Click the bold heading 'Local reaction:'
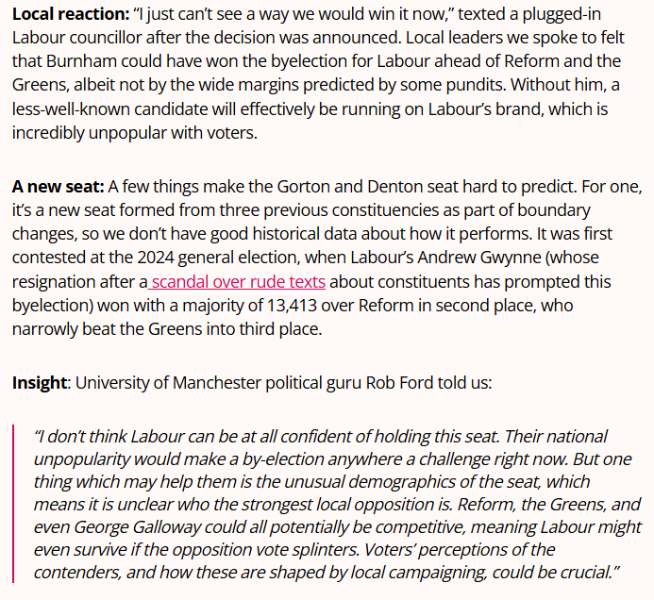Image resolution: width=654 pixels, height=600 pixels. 71,15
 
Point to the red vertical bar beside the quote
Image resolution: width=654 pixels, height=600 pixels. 14,504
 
